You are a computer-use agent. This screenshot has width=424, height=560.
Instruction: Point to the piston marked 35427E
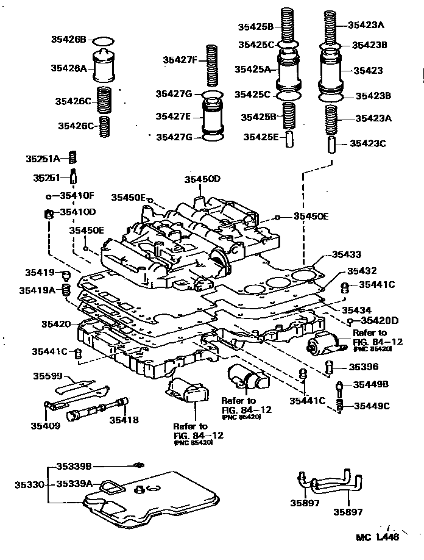211,115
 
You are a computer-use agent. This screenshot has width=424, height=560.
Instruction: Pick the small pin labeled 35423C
331,145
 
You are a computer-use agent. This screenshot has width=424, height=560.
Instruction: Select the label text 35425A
256,69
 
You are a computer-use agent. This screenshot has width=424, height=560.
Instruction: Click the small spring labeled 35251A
72,158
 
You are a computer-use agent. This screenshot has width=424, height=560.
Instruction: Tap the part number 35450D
202,179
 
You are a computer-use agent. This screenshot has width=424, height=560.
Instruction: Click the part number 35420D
378,321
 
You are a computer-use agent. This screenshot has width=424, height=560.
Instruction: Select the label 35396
363,367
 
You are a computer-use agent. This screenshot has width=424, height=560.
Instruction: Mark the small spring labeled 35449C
341,406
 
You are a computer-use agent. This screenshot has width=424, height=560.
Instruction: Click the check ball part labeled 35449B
341,386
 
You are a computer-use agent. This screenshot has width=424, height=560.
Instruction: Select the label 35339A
74,484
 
